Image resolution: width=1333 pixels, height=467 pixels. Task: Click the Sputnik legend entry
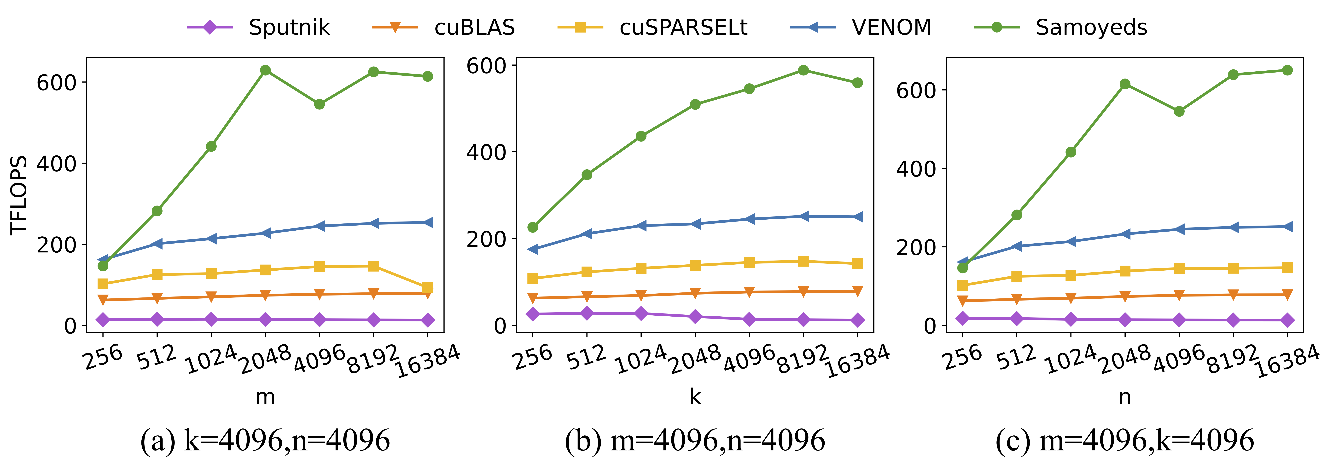pyautogui.click(x=259, y=27)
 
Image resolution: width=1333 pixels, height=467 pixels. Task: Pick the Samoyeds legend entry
pyautogui.click(x=1061, y=27)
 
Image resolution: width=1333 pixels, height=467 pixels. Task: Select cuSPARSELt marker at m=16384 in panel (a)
pyautogui.click(x=427, y=288)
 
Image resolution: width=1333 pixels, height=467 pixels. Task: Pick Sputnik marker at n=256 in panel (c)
pyautogui.click(x=962, y=318)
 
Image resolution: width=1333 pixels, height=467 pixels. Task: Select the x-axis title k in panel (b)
pyautogui.click(x=695, y=397)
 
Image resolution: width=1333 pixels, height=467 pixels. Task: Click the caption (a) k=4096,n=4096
pyautogui.click(x=265, y=441)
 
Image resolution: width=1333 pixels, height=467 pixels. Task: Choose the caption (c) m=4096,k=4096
pyautogui.click(x=1124, y=441)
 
